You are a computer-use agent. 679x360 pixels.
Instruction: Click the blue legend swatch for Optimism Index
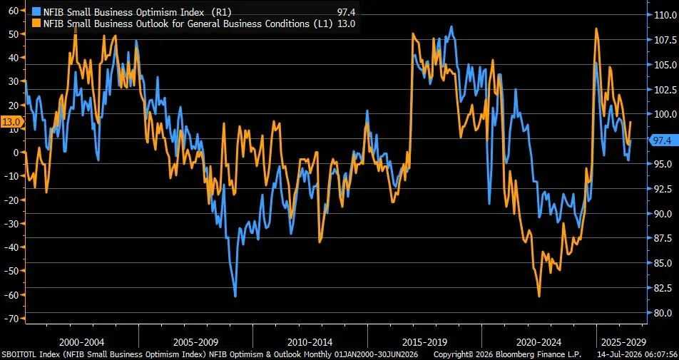click(x=38, y=13)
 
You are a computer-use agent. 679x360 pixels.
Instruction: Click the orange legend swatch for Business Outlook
click(x=38, y=24)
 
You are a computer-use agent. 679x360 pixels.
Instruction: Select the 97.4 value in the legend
click(x=346, y=13)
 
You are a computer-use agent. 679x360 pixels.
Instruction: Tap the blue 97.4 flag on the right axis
click(x=662, y=140)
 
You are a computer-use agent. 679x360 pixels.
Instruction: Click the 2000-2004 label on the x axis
click(x=82, y=342)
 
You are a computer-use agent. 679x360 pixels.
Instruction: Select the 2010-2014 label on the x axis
click(x=310, y=342)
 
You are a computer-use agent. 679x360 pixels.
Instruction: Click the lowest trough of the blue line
click(x=235, y=296)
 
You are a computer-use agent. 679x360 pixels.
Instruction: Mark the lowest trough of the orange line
click(x=539, y=297)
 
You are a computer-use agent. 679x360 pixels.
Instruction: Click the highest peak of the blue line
click(x=451, y=27)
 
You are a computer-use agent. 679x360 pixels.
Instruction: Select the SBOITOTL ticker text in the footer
click(x=19, y=355)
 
